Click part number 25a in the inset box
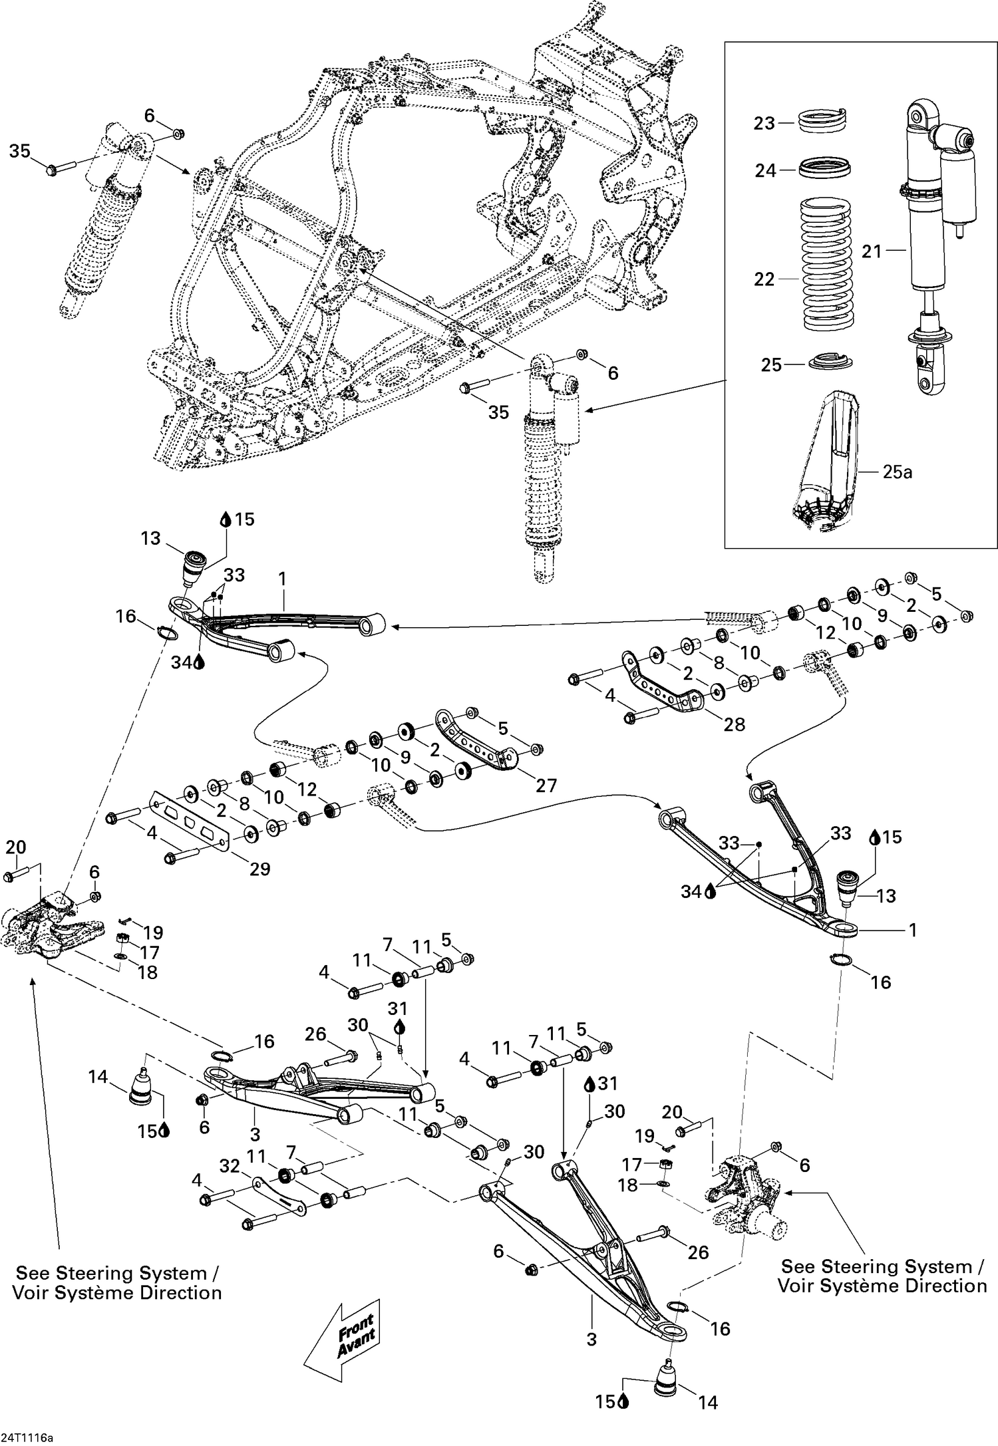[898, 472]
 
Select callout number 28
[734, 724]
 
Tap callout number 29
[260, 869]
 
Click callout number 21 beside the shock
[872, 251]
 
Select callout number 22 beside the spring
[764, 279]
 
